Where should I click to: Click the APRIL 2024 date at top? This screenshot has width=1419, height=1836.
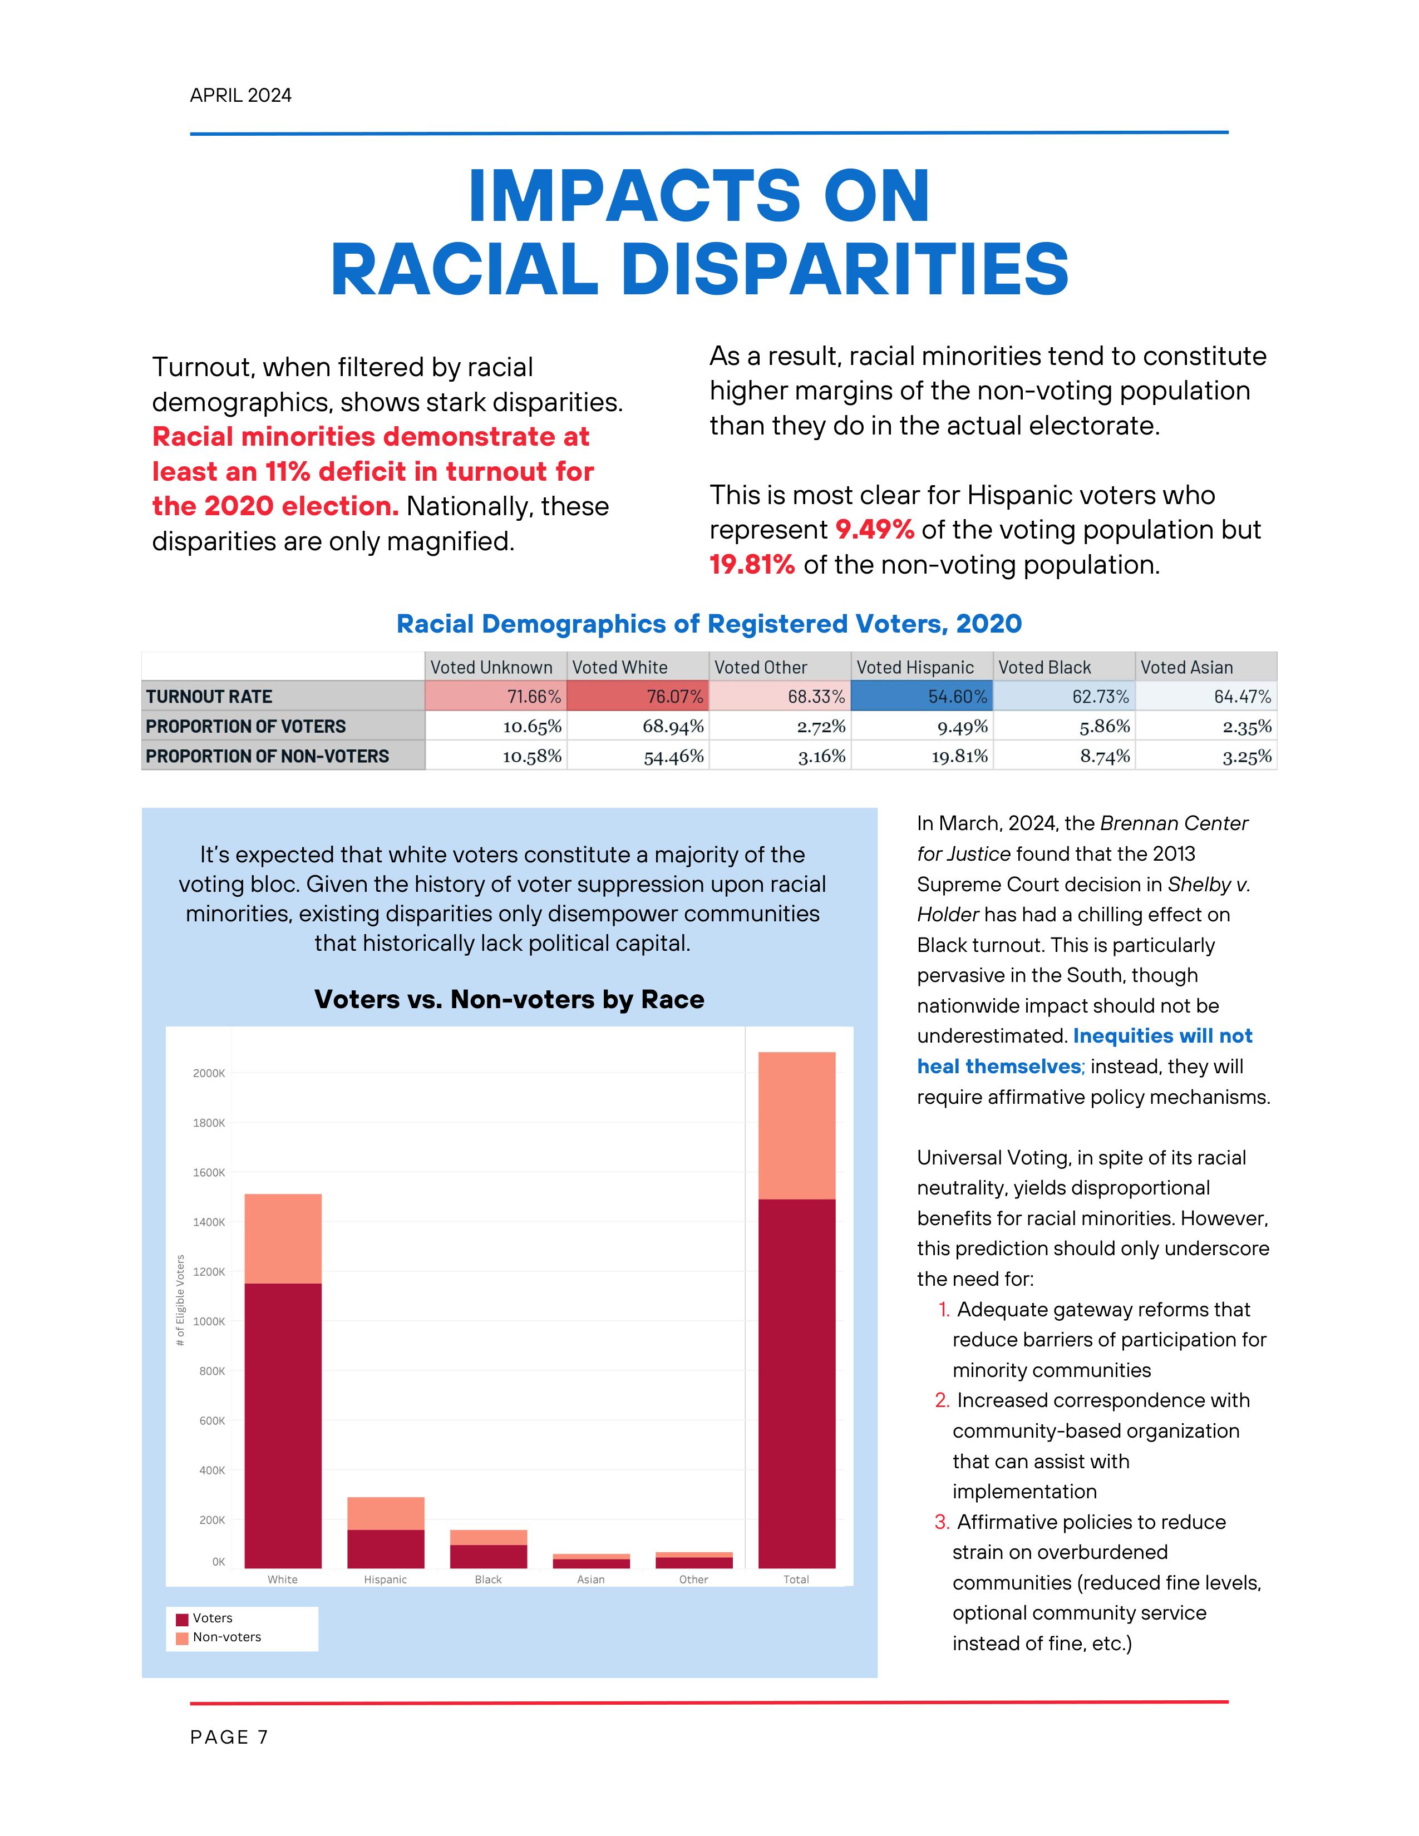(x=240, y=95)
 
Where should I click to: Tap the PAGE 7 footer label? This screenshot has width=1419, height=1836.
(x=229, y=1737)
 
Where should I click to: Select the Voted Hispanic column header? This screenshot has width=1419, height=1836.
(x=915, y=668)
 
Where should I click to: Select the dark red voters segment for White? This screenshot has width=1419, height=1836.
(x=283, y=1425)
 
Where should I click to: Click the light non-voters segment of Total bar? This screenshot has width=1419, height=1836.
(x=796, y=1125)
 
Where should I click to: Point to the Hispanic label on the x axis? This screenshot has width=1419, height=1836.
(x=385, y=1580)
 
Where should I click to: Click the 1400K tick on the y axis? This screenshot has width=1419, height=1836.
(x=209, y=1222)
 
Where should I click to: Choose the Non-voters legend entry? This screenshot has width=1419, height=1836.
(x=226, y=1637)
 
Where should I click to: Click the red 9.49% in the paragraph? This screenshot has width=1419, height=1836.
(x=874, y=530)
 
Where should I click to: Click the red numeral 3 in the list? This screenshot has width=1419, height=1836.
(x=942, y=1522)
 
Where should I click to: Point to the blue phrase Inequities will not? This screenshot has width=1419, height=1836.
(x=1162, y=1036)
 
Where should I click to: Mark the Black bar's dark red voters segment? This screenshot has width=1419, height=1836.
(x=489, y=1556)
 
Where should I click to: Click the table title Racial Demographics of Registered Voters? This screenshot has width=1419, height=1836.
(x=708, y=624)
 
